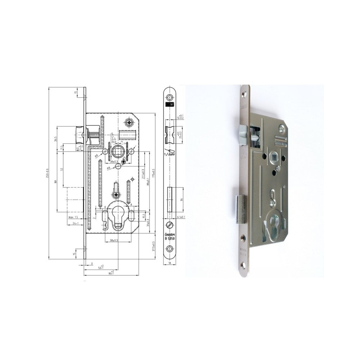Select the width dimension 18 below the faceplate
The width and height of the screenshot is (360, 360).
pos(169,264)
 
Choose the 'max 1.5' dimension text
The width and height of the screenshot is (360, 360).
pos(74,217)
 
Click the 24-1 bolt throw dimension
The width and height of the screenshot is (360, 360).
pos(75,224)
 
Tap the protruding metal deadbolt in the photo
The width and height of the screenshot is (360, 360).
pos(240,209)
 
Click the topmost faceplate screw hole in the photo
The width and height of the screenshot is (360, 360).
pos(244,94)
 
